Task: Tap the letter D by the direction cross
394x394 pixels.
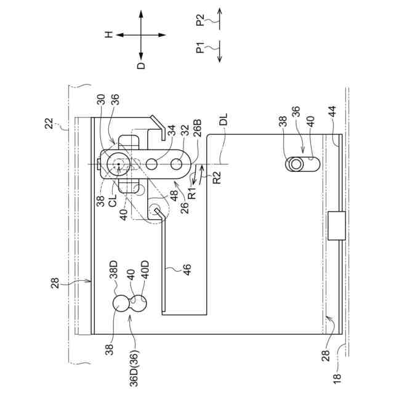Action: pos(141,66)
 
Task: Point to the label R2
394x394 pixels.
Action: pos(217,182)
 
